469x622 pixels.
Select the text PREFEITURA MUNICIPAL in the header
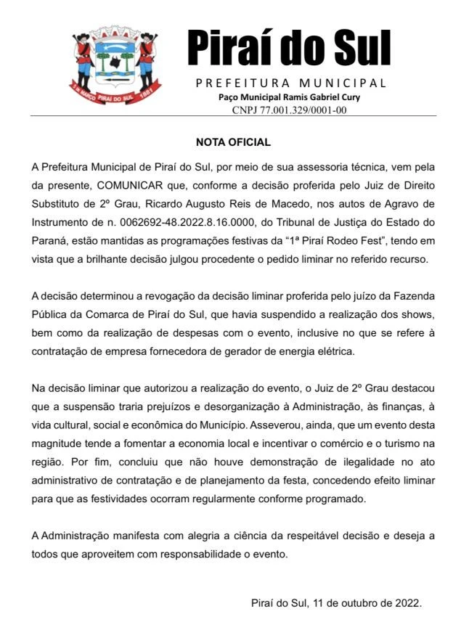click(290, 83)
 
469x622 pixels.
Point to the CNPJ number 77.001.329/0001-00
click(300, 110)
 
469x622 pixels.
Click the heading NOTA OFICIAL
click(233, 142)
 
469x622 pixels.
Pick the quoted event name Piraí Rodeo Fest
click(357, 241)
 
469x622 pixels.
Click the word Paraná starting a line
click(52, 241)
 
